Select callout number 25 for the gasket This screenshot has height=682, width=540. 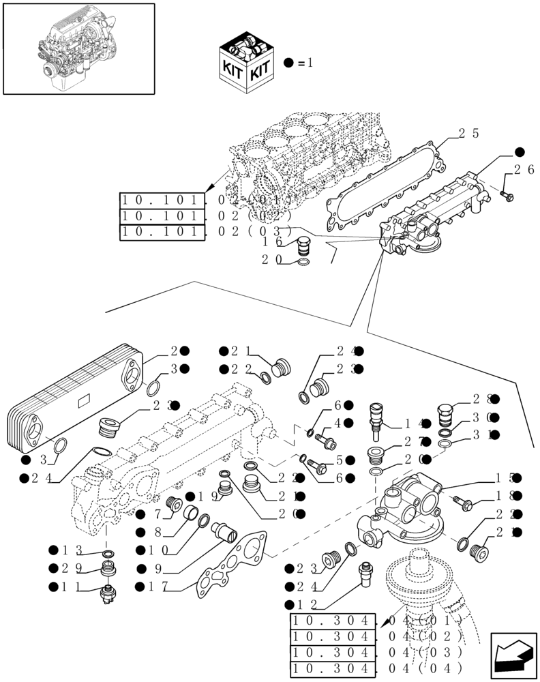(x=471, y=134)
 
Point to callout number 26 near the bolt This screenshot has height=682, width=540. (x=524, y=170)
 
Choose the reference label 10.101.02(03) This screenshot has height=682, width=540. (x=205, y=232)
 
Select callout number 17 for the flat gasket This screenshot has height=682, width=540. (x=159, y=587)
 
